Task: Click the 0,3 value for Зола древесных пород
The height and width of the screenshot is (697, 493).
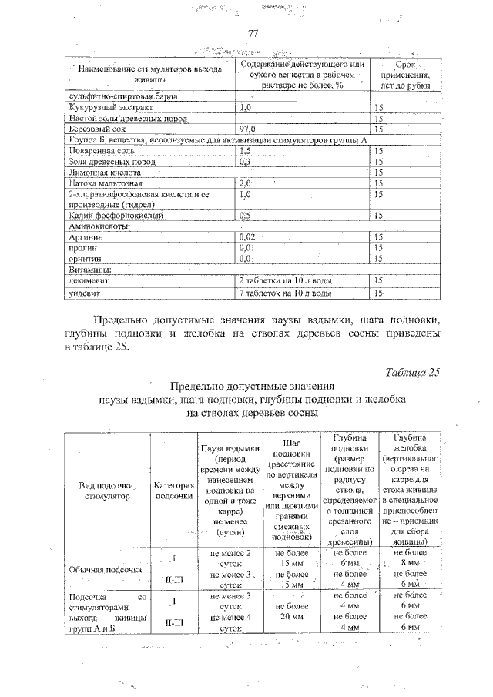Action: click(x=245, y=163)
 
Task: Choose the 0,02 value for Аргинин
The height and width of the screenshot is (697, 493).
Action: click(x=247, y=238)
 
